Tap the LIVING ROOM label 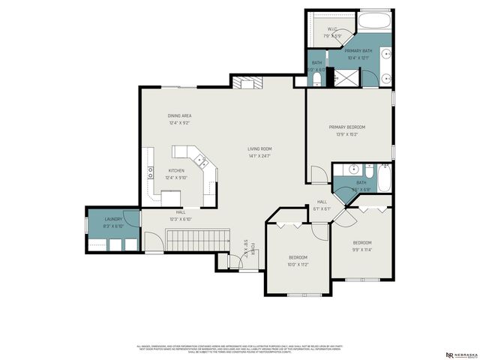259,148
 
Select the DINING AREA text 179,115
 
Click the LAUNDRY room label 113,218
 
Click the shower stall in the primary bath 346,76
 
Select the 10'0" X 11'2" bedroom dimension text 298,264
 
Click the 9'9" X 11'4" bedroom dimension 362,250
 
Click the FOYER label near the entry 253,248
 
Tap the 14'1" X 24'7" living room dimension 259,155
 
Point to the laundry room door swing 132,219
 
